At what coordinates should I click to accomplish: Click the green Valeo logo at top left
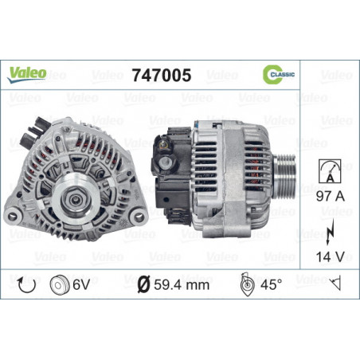(27, 73)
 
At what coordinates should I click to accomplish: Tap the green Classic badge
(279, 74)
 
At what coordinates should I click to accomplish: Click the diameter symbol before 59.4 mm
(143, 283)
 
